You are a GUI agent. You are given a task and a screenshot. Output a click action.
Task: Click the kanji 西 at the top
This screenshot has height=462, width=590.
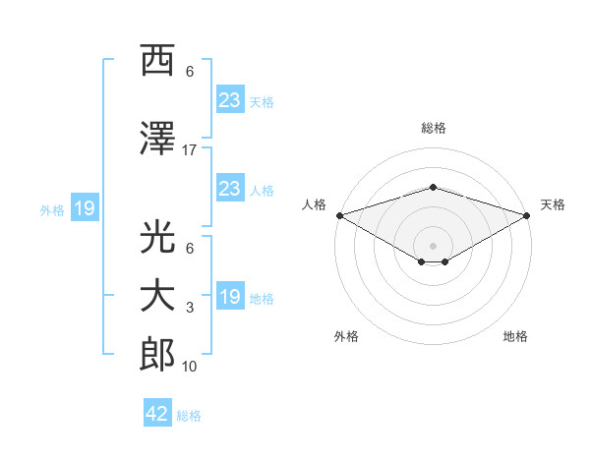[x=157, y=62]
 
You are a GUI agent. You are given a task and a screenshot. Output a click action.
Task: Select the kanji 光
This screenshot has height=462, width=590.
[x=157, y=237]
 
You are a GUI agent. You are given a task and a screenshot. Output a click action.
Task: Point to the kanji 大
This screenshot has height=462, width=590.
[x=157, y=296]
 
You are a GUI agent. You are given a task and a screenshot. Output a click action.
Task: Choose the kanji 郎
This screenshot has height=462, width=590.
[x=157, y=355]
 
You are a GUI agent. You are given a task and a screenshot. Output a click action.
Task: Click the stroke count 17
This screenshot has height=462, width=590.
[x=190, y=150]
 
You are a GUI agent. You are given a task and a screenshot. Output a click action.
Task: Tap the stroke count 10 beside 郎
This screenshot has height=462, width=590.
[x=190, y=367]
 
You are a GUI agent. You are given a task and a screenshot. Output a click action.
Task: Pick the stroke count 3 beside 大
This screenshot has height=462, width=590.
[x=190, y=308]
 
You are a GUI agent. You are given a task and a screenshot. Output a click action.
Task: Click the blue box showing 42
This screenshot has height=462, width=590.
[x=157, y=414]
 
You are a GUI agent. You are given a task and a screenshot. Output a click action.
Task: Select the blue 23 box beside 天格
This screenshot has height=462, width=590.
[x=229, y=99]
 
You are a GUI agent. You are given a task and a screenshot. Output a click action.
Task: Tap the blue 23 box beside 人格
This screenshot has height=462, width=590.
[x=229, y=189]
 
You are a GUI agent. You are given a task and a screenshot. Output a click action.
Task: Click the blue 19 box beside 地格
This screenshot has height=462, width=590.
[x=229, y=297]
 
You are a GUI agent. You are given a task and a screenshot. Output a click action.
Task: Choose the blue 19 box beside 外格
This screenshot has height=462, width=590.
[x=84, y=208]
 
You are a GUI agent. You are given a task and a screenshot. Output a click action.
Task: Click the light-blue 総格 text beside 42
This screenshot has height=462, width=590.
[x=189, y=416]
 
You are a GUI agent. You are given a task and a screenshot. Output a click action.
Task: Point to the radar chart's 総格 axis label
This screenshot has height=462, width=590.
[x=433, y=128]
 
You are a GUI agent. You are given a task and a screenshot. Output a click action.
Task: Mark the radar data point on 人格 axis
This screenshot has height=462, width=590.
[x=339, y=215]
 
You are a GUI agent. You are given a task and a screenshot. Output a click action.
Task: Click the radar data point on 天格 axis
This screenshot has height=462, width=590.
[x=527, y=215]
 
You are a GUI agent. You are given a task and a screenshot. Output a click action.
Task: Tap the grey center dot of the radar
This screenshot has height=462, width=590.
[x=433, y=244]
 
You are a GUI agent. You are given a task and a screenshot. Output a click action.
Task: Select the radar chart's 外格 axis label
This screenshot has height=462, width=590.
[x=346, y=336]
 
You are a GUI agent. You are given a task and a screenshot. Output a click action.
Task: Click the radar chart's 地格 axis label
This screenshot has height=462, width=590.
[x=515, y=336]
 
